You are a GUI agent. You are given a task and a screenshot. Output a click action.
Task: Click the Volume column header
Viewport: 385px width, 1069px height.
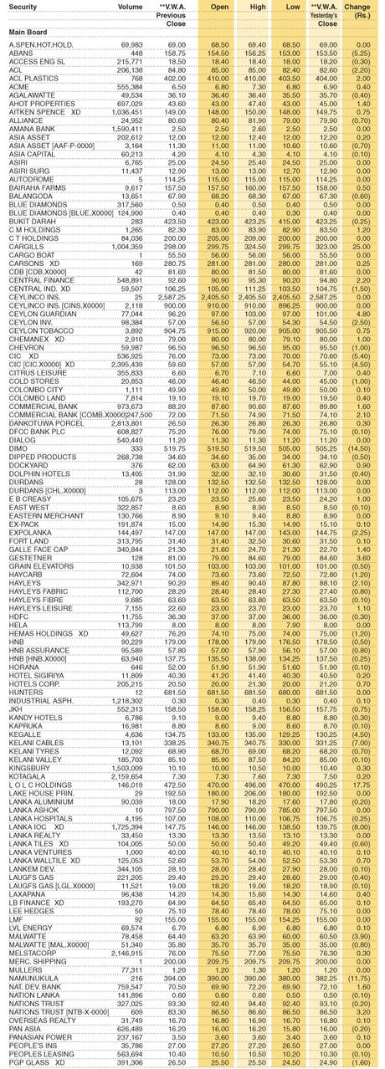(x=130, y=6)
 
